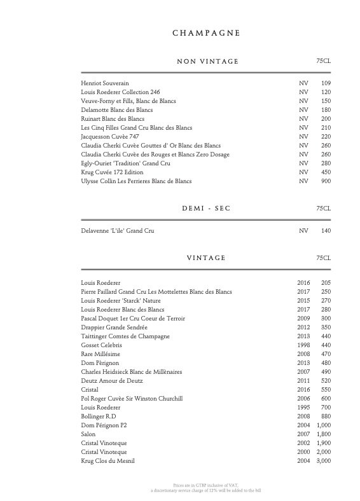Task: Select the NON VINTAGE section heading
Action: pos(207,61)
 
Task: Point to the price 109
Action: pos(326,83)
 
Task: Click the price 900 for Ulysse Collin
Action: pos(326,181)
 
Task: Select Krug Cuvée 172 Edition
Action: pos(113,172)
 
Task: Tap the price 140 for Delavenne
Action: pos(326,231)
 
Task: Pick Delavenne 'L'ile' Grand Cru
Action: pos(118,231)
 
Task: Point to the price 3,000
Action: pos(322,461)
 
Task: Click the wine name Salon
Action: pos(88,434)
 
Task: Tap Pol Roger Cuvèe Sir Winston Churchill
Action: pos(132,399)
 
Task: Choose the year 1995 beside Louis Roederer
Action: pos(304,408)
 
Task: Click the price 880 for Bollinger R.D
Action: pos(326,416)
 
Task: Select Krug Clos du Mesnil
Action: pos(108,461)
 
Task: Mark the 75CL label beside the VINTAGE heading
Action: pos(323,257)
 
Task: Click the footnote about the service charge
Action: pos(205,491)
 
